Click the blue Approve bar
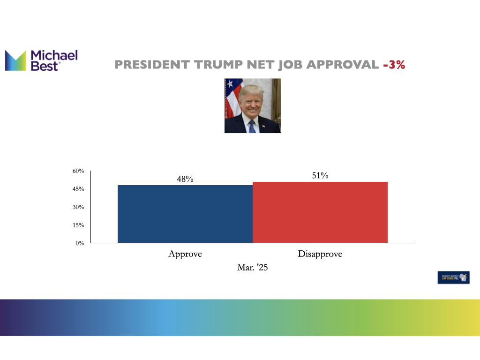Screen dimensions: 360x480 point(185,214)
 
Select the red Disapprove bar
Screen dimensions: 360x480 point(320,212)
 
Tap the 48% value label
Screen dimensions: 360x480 point(185,179)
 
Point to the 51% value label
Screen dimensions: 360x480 point(320,176)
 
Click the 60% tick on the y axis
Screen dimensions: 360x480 point(78,171)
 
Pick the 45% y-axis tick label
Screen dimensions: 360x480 point(78,189)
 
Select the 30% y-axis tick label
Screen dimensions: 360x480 point(78,207)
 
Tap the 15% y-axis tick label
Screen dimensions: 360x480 point(78,225)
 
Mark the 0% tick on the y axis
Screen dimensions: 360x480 point(80,243)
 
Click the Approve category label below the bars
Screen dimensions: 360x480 point(185,254)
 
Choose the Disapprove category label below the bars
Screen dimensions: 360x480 point(320,254)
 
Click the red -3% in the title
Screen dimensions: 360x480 point(394,65)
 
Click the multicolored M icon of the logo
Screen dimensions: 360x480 point(15,60)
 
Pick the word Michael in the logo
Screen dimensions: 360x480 point(54,56)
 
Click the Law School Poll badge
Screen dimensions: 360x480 point(453,277)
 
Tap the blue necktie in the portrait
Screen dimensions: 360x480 point(252,126)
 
